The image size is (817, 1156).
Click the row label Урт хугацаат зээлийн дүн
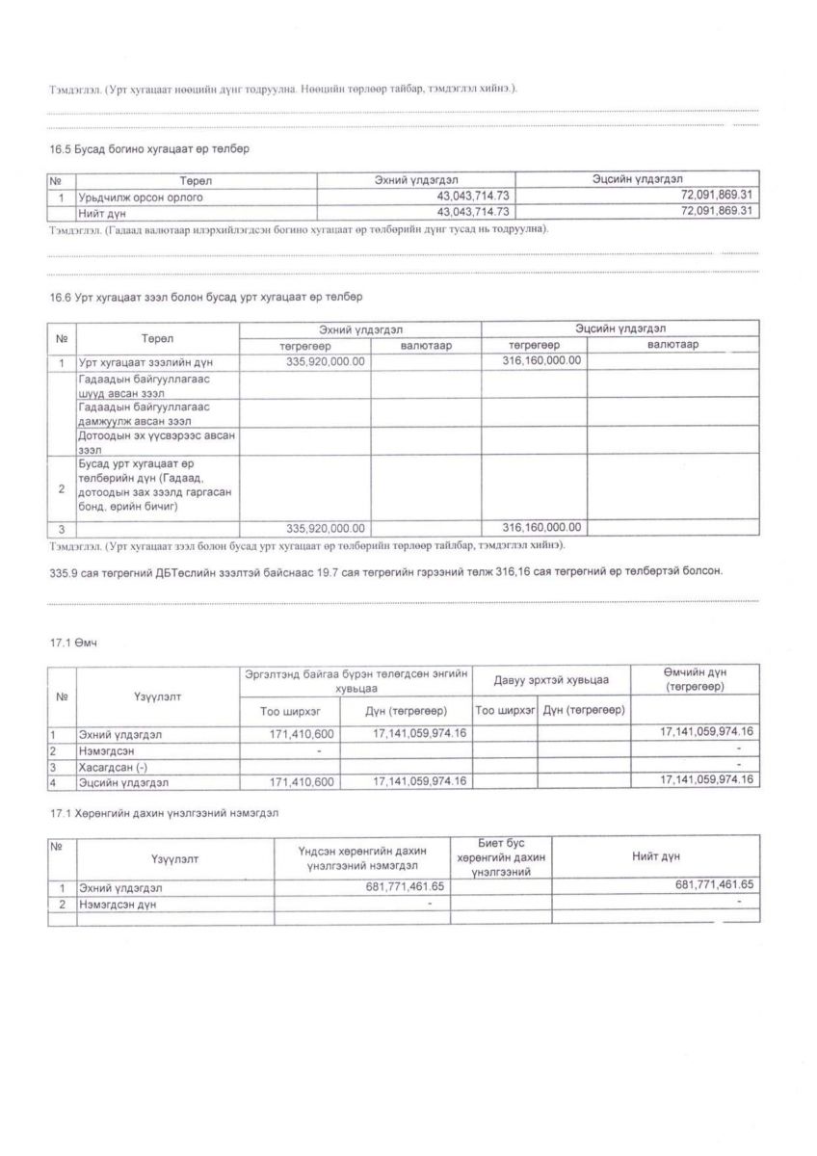click(145, 362)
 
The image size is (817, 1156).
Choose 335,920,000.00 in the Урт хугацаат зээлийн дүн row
click(327, 361)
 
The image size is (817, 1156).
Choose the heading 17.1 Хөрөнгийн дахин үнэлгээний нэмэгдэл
click(164, 813)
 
